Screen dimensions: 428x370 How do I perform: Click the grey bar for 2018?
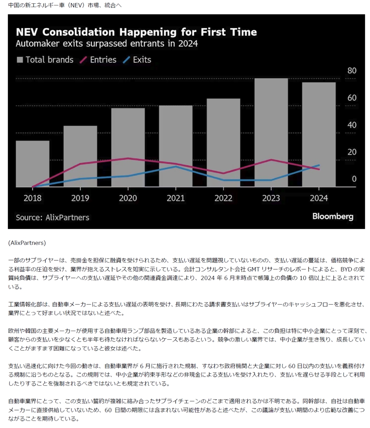coord(33,163)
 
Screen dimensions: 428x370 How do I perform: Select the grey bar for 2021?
coord(175,146)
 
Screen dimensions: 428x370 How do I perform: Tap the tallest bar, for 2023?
coord(271,132)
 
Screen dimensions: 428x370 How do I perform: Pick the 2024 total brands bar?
coord(319,134)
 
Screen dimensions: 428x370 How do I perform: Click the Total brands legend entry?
coord(45,60)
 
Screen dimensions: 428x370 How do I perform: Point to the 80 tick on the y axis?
coord(352,71)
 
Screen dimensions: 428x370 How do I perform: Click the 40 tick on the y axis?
coord(352,125)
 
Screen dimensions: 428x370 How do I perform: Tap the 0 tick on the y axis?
coord(354,179)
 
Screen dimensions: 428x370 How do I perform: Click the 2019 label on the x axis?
coord(80,198)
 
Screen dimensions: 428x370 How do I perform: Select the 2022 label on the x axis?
coord(223,198)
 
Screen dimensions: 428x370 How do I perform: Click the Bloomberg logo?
coord(333,217)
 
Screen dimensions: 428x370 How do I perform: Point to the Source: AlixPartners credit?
coord(52,217)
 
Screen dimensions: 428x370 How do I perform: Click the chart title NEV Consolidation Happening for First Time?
coord(136,32)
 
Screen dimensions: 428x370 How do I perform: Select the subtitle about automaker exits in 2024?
coord(107,43)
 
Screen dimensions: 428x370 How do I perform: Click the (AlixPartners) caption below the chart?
coord(27,242)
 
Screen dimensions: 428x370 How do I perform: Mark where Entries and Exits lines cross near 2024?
coord(311,167)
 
